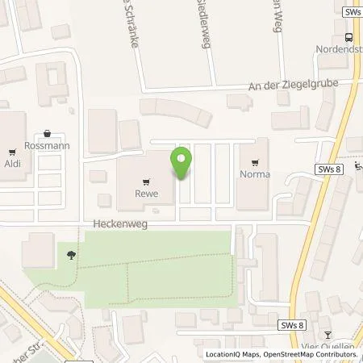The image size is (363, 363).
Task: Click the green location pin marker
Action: click(182, 164)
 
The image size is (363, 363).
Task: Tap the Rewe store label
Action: click(146, 194)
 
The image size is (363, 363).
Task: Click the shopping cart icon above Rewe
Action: click(146, 181)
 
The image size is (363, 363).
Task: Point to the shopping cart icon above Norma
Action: click(257, 161)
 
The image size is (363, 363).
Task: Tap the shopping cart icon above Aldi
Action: click(11, 151)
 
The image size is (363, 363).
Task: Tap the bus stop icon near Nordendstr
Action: click(348, 37)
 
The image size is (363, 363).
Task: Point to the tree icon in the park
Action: click(73, 255)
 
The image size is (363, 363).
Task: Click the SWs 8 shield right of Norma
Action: click(330, 169)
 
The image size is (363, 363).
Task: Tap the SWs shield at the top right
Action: click(352, 12)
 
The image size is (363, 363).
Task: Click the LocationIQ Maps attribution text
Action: click(235, 355)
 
